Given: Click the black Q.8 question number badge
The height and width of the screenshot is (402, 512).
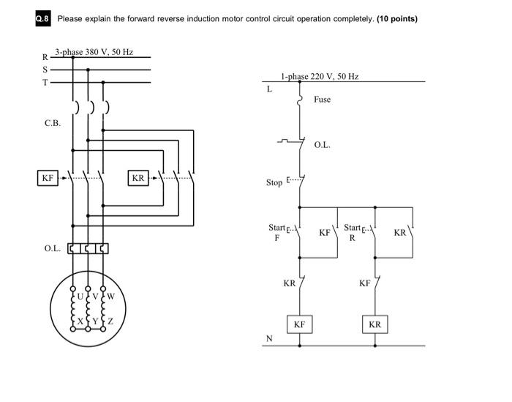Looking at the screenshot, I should click(x=44, y=19).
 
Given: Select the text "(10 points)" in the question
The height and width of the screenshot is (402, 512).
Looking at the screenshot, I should click(x=397, y=19).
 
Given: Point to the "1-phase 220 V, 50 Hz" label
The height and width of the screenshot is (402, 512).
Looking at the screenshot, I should click(x=320, y=76).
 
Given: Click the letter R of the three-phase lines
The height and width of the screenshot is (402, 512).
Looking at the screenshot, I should click(x=45, y=57).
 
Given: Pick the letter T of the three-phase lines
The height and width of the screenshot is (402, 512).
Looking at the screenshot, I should click(x=45, y=82).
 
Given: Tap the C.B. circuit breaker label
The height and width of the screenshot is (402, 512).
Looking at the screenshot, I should click(x=52, y=123).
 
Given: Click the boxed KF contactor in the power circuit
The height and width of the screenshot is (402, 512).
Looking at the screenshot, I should click(x=48, y=177).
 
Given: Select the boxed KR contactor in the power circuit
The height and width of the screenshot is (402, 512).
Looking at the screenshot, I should click(x=138, y=177).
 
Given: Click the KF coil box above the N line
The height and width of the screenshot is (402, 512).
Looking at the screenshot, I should click(x=299, y=324).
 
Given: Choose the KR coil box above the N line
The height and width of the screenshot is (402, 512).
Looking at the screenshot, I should click(x=374, y=324).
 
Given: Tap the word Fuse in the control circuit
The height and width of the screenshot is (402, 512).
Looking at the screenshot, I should click(x=322, y=99).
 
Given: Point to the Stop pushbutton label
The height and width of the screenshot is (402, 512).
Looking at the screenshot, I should click(x=274, y=182).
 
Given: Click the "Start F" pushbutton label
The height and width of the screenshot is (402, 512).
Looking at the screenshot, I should click(x=277, y=232).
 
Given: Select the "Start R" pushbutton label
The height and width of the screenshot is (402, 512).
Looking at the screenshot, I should click(x=353, y=232).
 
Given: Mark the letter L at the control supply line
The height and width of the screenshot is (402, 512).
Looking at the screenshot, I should click(x=269, y=89).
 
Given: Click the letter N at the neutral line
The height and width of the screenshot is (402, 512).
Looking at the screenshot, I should click(x=269, y=338).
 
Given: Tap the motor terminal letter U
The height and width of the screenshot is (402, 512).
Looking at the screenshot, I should click(x=80, y=297).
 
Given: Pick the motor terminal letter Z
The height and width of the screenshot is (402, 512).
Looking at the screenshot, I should click(x=110, y=321).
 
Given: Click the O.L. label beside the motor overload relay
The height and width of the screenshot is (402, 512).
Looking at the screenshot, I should click(x=52, y=248).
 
